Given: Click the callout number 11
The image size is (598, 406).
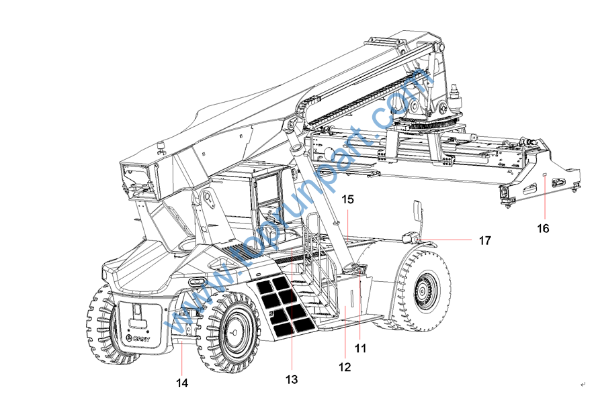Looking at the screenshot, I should click(361, 348).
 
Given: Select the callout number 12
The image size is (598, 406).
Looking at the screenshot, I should click(344, 367).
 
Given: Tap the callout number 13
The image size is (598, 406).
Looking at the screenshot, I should click(291, 379).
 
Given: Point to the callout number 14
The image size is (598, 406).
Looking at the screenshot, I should click(182, 383).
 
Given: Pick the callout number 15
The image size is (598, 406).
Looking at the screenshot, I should click(347, 199).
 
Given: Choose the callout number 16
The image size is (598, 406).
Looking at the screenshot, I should click(543, 228).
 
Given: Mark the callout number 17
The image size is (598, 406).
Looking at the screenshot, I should click(484, 240).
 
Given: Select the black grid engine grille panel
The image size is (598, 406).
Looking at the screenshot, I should click(285, 307).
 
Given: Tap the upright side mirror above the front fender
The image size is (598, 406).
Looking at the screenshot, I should click(417, 213).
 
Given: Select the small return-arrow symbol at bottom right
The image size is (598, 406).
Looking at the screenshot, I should click(583, 384).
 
